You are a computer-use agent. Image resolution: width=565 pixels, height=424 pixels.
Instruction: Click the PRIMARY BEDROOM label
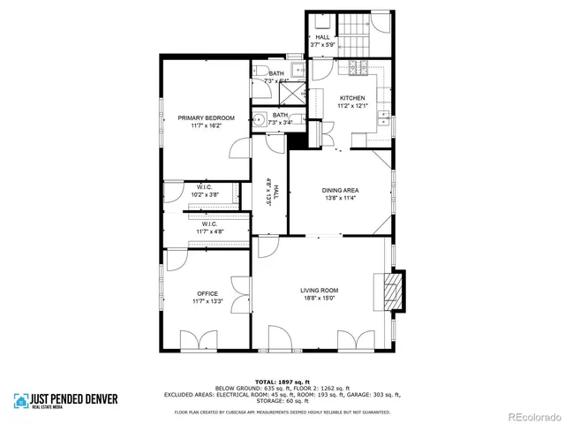(x=206, y=117)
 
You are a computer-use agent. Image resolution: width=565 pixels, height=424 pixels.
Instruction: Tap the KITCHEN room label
(x=352, y=98)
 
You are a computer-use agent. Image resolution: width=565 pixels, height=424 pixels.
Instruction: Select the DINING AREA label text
(x=340, y=191)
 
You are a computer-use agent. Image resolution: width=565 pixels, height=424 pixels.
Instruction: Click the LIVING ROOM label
(x=319, y=291)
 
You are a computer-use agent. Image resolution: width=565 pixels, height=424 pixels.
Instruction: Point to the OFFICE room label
(x=207, y=294)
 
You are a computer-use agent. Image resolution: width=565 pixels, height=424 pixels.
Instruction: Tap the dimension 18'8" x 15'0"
(x=319, y=299)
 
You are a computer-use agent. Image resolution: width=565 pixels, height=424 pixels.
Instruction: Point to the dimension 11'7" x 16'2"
(x=206, y=125)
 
